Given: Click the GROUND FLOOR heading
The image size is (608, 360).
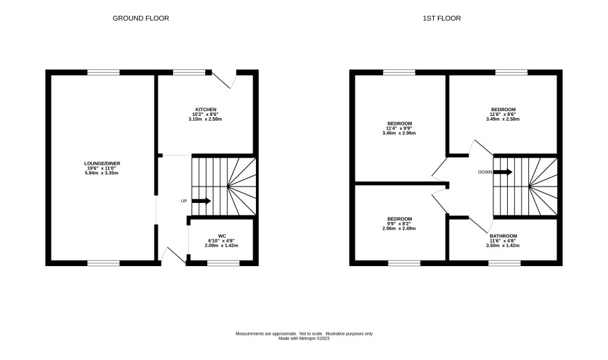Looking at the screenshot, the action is (x=141, y=19).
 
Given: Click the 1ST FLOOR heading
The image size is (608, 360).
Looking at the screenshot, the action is (x=442, y=19).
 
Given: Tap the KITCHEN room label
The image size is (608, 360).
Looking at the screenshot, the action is (x=206, y=110).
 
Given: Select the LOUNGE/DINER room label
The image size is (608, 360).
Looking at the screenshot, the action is (x=102, y=163).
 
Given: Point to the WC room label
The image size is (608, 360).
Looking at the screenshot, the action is (x=222, y=236).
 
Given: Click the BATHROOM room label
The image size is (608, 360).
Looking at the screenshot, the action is (x=503, y=236).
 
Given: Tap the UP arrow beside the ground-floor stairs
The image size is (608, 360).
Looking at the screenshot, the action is (x=201, y=201).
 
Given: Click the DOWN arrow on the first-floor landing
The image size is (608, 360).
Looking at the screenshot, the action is (x=502, y=172).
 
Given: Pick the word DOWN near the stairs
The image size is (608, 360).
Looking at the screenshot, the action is (x=484, y=172).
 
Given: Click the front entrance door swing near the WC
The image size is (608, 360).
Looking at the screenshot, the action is (x=174, y=256).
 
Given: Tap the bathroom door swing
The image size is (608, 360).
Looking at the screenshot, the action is (x=481, y=224).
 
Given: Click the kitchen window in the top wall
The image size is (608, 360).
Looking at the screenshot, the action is (x=189, y=72).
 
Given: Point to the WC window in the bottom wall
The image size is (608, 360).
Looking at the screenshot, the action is (x=223, y=263).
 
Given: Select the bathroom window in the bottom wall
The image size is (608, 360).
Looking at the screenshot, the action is (x=504, y=263).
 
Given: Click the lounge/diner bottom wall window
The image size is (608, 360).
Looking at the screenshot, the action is (x=104, y=263).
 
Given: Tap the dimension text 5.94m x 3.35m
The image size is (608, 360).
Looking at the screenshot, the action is (x=102, y=173).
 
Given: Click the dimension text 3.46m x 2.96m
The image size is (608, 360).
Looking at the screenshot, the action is (x=399, y=133).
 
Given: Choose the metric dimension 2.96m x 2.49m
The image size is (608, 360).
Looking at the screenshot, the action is (x=399, y=228).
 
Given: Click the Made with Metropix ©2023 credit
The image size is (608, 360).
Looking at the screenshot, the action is (x=304, y=338).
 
